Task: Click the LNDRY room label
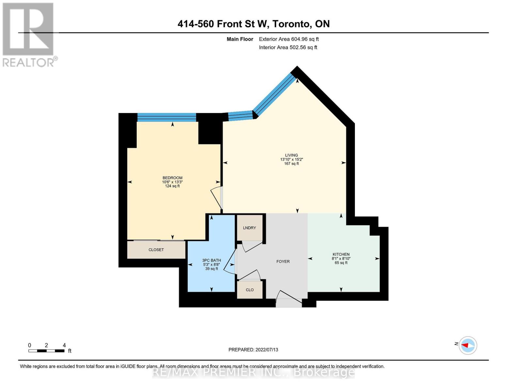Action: (x=249, y=228)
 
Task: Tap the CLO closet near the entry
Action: (x=249, y=290)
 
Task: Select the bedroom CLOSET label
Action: (x=156, y=250)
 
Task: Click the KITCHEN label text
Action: (x=341, y=254)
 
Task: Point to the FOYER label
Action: (x=283, y=261)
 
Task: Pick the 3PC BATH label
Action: (x=212, y=260)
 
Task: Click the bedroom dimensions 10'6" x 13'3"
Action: (x=172, y=182)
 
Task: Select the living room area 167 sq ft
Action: (x=291, y=164)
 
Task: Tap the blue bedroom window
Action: (x=166, y=117)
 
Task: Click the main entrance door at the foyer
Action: (x=289, y=299)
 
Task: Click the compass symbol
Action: (x=468, y=345)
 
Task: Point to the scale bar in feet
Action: (x=46, y=351)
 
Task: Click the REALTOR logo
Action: (x=29, y=34)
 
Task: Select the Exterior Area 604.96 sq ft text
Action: (x=289, y=39)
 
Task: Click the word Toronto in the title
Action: (x=291, y=24)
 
